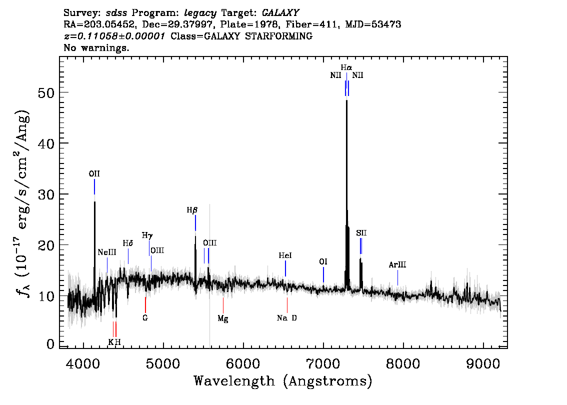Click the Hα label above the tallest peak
pos(346,67)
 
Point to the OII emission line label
pos(94,174)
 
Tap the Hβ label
pos(192,210)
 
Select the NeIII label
pos(107,252)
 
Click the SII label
pos(361,233)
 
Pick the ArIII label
pos(397,264)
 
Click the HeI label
pos(285,255)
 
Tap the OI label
pos(323,261)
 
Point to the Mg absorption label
pos(223,318)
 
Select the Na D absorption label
pos(287,318)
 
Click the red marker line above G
pos(145,305)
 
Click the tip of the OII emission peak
pos(94,202)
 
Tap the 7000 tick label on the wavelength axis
pos(323,364)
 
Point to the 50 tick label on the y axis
pos(46,93)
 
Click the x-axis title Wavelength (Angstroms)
pos(283,381)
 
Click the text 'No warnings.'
pos(96,47)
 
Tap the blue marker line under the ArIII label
pos(398,277)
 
